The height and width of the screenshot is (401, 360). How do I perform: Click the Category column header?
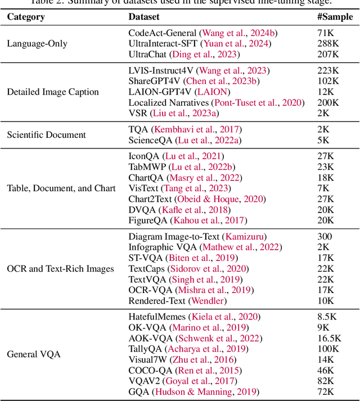point(26,16)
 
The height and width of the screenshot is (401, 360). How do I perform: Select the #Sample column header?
point(335,16)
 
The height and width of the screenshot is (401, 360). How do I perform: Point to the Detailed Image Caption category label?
point(53,92)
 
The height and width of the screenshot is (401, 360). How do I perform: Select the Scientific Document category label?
point(46,134)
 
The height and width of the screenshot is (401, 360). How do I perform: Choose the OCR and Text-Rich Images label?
point(60,269)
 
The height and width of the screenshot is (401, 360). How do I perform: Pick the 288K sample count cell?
point(328,43)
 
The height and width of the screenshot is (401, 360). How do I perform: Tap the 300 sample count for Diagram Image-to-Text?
point(325,237)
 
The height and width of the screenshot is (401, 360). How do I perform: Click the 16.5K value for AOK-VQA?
point(329,338)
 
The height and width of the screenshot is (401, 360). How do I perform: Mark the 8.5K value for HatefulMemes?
point(327,317)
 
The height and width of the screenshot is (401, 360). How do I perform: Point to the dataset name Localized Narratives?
point(169,102)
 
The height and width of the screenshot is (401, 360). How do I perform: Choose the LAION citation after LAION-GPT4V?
point(211,92)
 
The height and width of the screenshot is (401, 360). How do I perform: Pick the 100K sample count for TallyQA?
point(328,349)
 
